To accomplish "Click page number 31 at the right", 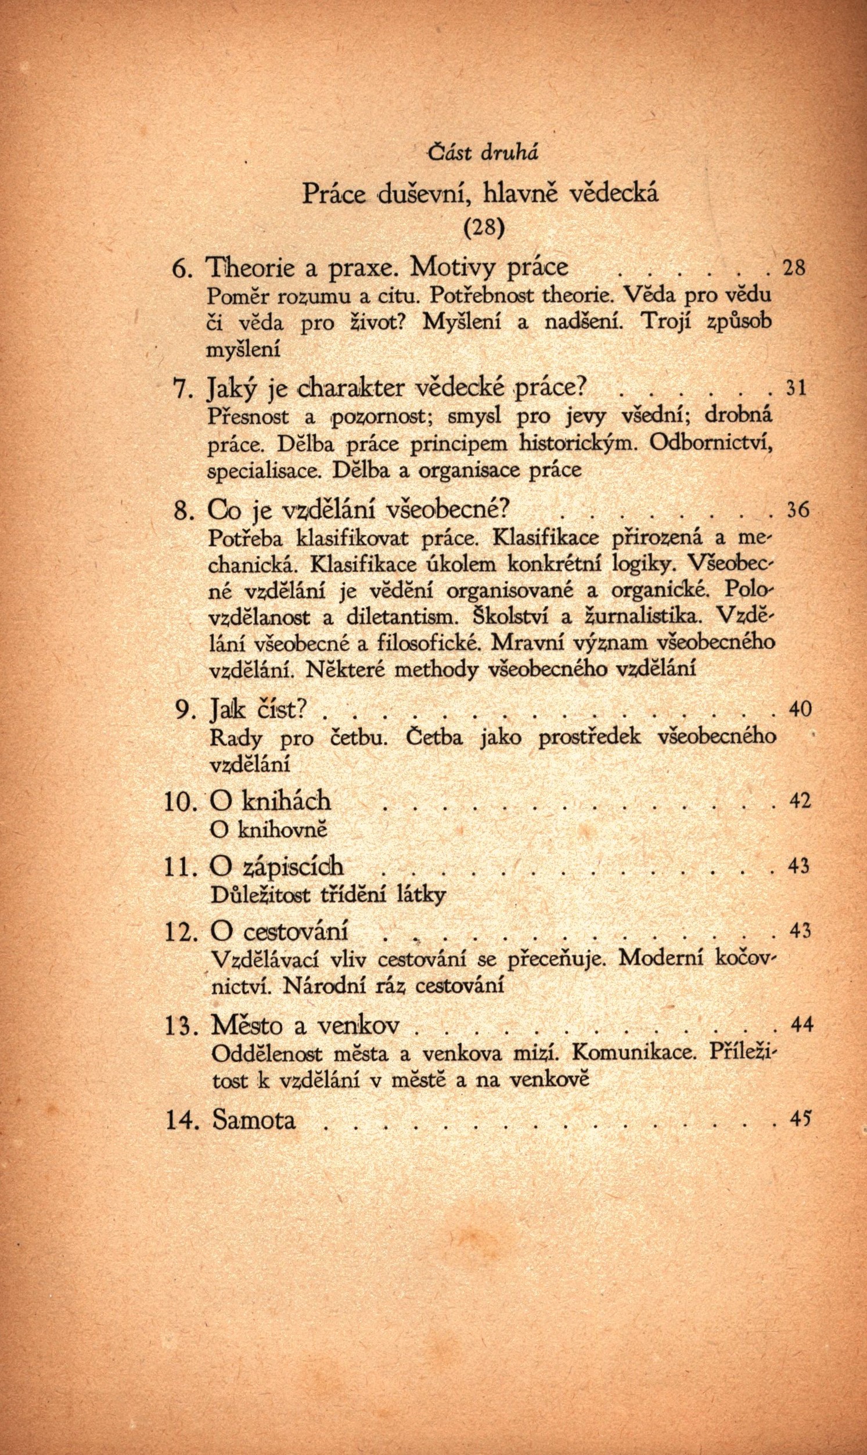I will [x=796, y=388].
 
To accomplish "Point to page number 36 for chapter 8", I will [x=797, y=510].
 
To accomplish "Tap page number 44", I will [x=801, y=1023].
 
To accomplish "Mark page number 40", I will [x=800, y=708].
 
